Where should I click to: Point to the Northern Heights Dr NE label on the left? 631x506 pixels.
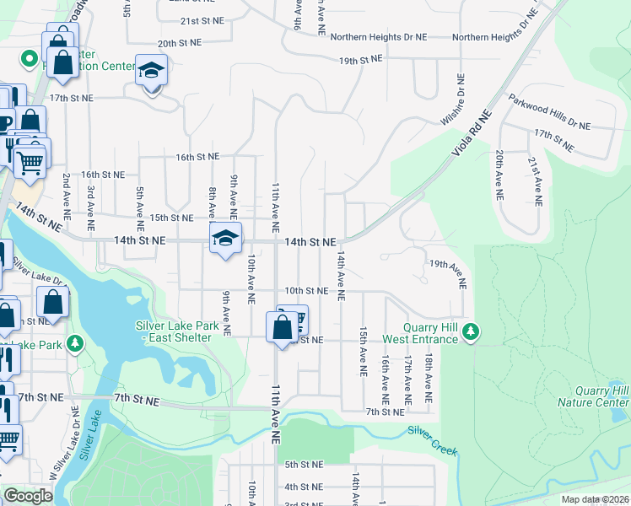point(379,37)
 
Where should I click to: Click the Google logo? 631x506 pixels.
point(28,496)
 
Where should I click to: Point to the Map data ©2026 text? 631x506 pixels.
point(594,499)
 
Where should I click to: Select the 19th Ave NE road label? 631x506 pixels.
point(447,275)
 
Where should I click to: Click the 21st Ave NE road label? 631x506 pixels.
point(535,180)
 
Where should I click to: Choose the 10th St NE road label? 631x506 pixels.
point(305,291)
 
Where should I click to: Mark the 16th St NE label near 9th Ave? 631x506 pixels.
point(197,157)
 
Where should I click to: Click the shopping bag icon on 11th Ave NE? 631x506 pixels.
point(281,326)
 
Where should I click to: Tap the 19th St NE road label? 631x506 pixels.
point(361,60)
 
